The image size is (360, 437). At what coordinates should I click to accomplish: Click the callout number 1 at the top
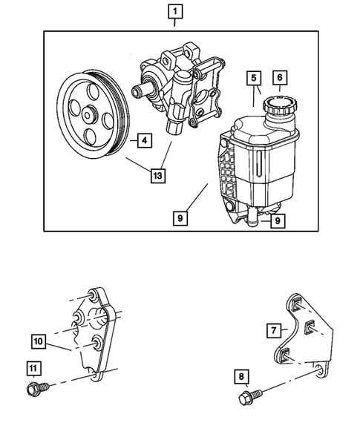coord(174,12)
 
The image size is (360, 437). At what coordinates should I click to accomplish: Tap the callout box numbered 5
coord(253,77)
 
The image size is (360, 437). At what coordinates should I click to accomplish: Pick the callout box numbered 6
coord(281,77)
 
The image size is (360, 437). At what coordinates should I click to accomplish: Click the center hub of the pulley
coord(89,115)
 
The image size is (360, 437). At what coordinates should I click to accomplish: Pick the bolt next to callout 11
coord(37,388)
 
